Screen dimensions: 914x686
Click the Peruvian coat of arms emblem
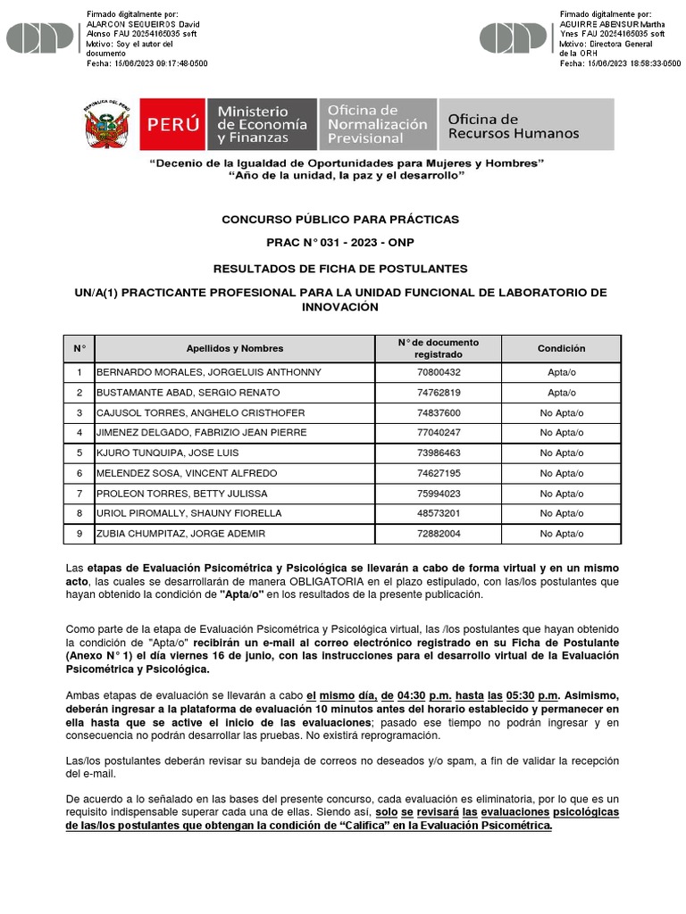tap(106, 124)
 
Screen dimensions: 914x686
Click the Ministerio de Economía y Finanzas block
tap(261, 125)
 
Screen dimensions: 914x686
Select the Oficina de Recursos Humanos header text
tap(513, 126)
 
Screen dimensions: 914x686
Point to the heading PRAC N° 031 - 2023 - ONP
tap(339, 243)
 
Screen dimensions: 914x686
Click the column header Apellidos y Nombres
tap(234, 348)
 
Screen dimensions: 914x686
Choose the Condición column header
tap(561, 348)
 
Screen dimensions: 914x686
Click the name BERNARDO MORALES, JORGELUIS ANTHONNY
tap(208, 372)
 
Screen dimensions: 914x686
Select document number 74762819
tap(439, 393)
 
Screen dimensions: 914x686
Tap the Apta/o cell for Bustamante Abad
tap(561, 393)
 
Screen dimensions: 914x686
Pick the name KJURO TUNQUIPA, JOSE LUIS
tap(167, 453)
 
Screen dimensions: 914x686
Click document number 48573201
tap(439, 513)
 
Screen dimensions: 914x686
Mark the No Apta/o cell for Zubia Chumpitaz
tap(561, 534)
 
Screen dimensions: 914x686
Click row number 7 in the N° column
tap(79, 494)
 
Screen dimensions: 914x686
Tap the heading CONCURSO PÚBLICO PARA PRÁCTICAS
tap(339, 219)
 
